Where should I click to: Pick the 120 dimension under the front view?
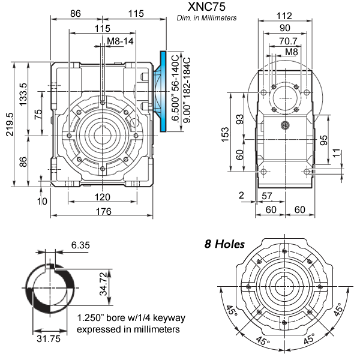103,197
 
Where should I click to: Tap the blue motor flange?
163,91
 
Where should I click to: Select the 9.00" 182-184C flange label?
186,90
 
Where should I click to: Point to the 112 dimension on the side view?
283,16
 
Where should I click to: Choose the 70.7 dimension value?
285,41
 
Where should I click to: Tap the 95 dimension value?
324,140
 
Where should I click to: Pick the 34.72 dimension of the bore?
104,282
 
